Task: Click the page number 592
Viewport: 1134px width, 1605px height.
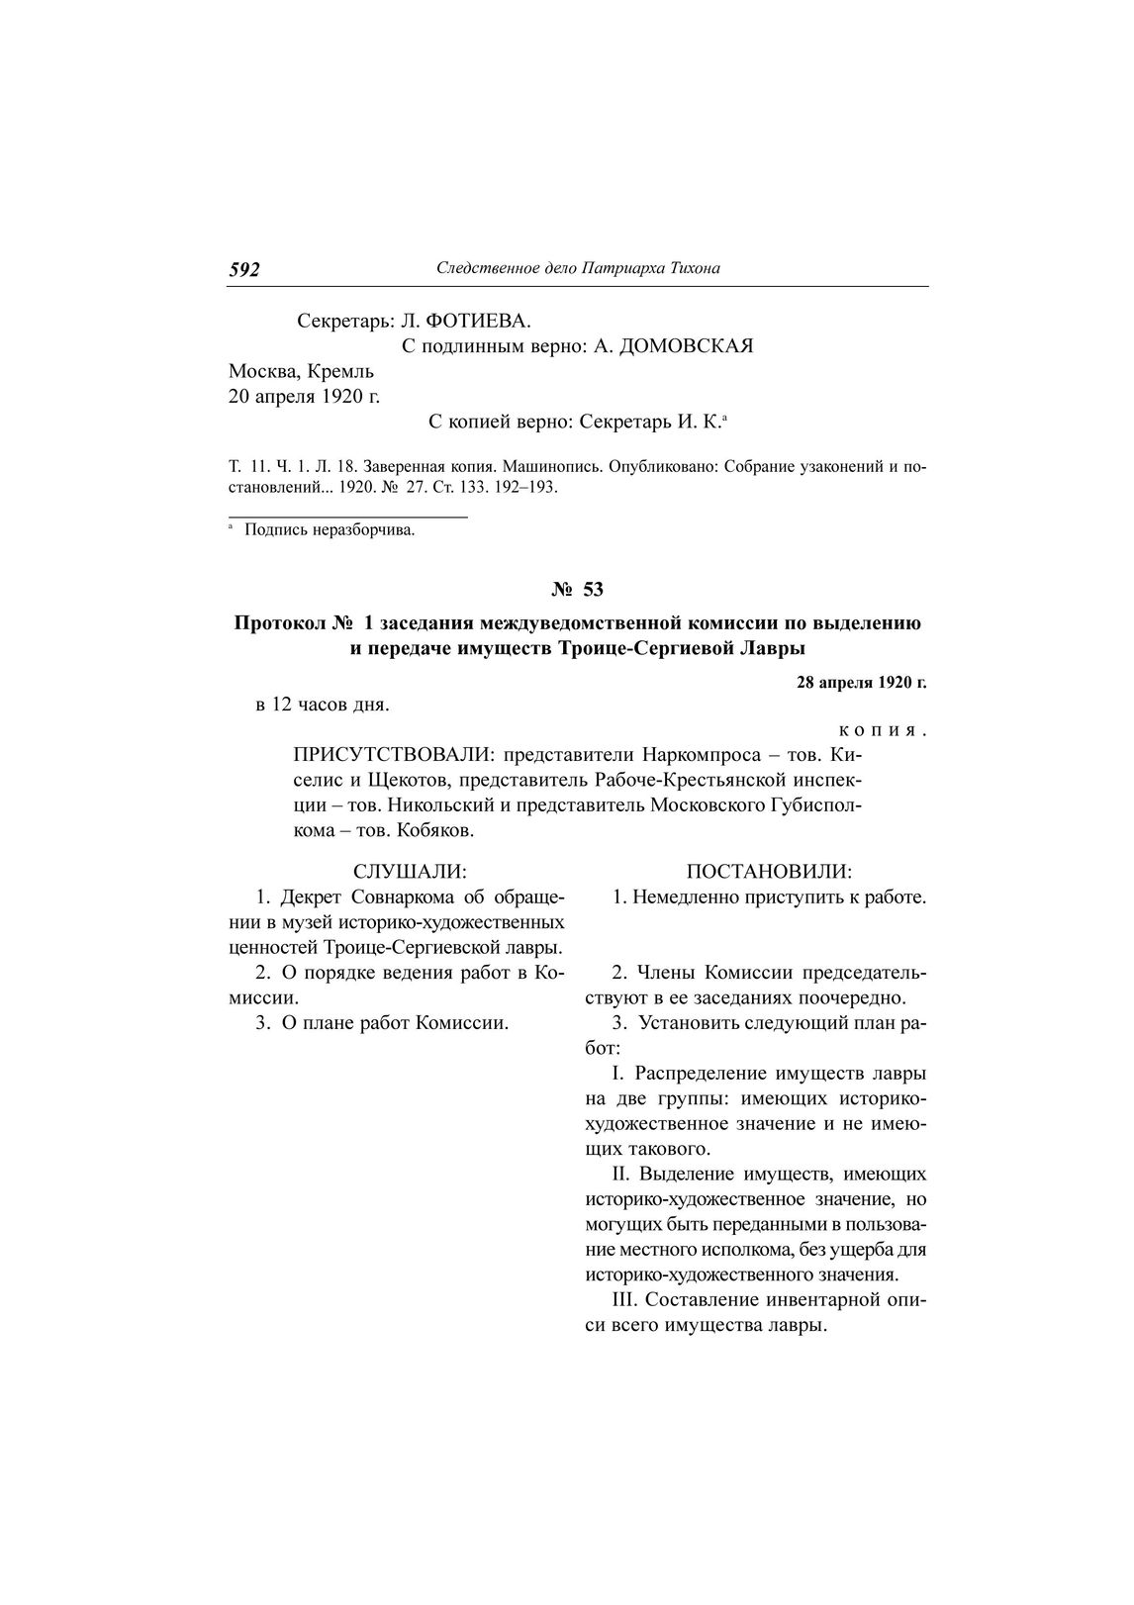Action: (x=244, y=269)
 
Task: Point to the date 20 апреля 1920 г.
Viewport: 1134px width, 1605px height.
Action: (x=304, y=397)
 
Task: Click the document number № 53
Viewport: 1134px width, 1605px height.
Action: (x=577, y=590)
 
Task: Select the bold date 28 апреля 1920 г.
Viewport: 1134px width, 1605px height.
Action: (x=861, y=683)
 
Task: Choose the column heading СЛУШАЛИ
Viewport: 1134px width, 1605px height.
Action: (x=410, y=872)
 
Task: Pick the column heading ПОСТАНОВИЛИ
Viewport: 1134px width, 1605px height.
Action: (x=769, y=872)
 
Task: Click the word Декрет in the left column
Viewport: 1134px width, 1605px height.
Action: (x=313, y=897)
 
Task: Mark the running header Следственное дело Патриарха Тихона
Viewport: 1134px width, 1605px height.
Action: (x=578, y=268)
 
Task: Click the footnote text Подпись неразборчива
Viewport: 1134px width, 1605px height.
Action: (x=330, y=531)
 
